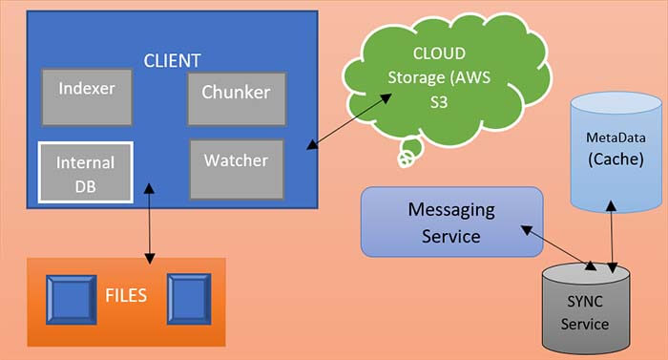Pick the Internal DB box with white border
click(85, 172)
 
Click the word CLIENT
click(172, 60)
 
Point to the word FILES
click(126, 294)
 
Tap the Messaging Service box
click(451, 222)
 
